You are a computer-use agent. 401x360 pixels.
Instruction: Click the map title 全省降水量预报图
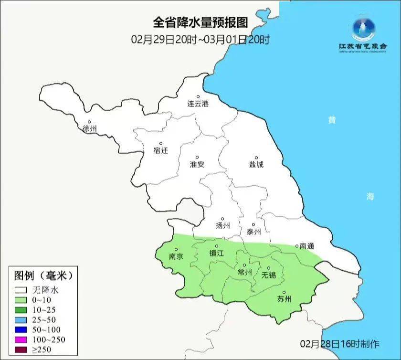coord(200,22)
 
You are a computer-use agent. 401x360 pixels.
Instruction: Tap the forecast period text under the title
coord(200,39)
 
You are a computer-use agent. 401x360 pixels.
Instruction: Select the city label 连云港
coord(198,104)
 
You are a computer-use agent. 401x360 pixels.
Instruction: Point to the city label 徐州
coord(89,129)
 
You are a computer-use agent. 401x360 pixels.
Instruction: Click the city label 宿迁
coord(161,150)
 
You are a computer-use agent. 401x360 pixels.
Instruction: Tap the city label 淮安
coord(197,164)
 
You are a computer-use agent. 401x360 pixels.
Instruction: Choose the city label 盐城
coord(256,165)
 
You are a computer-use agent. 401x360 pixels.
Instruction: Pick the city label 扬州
coord(222,226)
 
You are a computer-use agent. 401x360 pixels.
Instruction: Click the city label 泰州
coord(254,232)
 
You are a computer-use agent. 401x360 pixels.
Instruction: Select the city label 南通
coord(307,246)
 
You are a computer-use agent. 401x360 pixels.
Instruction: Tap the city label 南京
coord(176,256)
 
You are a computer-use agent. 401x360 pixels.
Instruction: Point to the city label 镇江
coord(216,254)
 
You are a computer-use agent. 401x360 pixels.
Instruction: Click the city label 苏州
coord(284,300)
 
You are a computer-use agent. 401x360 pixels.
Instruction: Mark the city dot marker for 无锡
coord(268,268)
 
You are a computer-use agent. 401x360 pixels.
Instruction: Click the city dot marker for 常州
coord(244,265)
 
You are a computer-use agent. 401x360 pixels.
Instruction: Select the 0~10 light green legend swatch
coord(21,300)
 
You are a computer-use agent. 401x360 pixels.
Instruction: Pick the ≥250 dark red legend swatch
coord(21,350)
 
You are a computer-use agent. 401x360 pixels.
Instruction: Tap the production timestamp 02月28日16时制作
coord(340,343)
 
